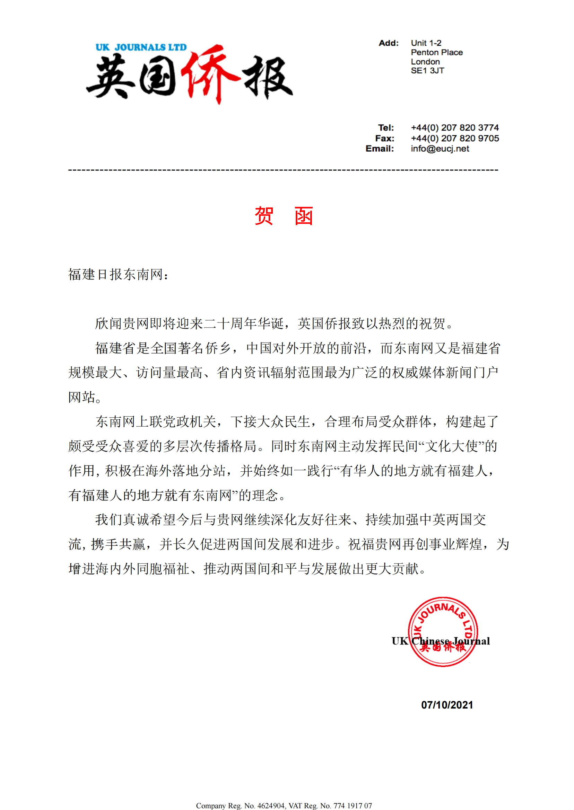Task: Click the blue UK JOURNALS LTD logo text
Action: (x=141, y=47)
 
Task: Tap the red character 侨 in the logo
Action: (x=209, y=74)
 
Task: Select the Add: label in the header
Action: (x=389, y=43)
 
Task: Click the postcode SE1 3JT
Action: (x=427, y=71)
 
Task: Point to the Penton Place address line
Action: (x=436, y=52)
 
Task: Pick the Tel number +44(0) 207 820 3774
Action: (x=454, y=127)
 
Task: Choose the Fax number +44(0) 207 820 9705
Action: (x=454, y=138)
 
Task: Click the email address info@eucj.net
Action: (x=440, y=149)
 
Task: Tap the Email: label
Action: (x=380, y=149)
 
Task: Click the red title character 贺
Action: (x=264, y=216)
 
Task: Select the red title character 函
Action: (x=304, y=216)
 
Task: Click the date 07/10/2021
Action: (x=447, y=705)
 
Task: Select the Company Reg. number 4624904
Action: (x=271, y=805)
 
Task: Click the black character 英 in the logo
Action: (x=110, y=77)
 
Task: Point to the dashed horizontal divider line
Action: (x=283, y=170)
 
